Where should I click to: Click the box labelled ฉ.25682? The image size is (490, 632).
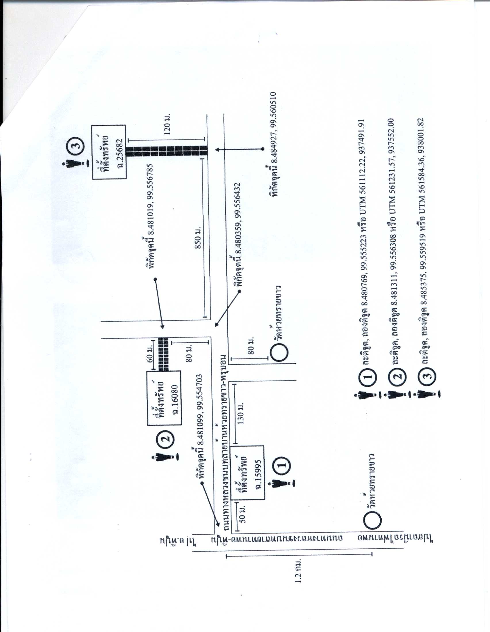pos(109,152)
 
